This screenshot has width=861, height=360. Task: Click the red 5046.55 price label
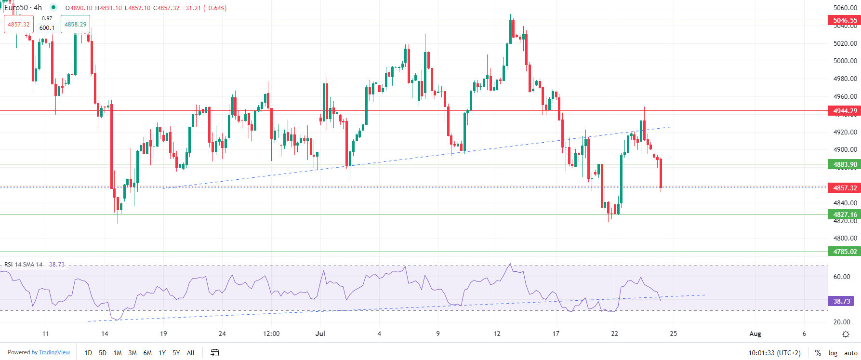[845, 20]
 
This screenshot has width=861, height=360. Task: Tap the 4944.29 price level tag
[845, 111]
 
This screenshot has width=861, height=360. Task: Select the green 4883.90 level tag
[845, 164]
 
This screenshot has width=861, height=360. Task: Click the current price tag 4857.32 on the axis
[845, 188]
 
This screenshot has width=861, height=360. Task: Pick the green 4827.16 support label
[845, 214]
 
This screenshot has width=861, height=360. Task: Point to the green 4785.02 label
[845, 252]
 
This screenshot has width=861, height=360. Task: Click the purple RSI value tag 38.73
[841, 301]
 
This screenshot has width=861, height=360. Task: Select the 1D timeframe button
[88, 353]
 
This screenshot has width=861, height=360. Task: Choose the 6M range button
[147, 353]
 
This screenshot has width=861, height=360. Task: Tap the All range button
[191, 353]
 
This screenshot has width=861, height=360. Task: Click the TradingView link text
[54, 352]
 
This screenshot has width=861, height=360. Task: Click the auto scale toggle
[850, 353]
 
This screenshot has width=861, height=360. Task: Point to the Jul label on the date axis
[320, 333]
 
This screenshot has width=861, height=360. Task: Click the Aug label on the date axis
[755, 333]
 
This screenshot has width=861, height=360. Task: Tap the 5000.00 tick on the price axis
[845, 61]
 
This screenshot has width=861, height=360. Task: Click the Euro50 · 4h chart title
[23, 8]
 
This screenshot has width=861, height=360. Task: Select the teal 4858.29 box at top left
[75, 25]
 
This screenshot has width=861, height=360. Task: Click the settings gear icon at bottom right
[846, 334]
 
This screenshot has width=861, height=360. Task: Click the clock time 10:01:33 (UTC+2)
[774, 353]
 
